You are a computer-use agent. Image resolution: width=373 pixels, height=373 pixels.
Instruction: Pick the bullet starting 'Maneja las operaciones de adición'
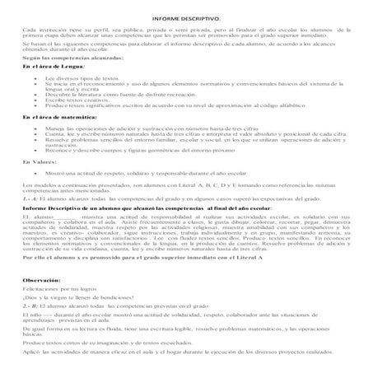point(165,152)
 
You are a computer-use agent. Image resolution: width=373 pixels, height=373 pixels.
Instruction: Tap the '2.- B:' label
point(26,304)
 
